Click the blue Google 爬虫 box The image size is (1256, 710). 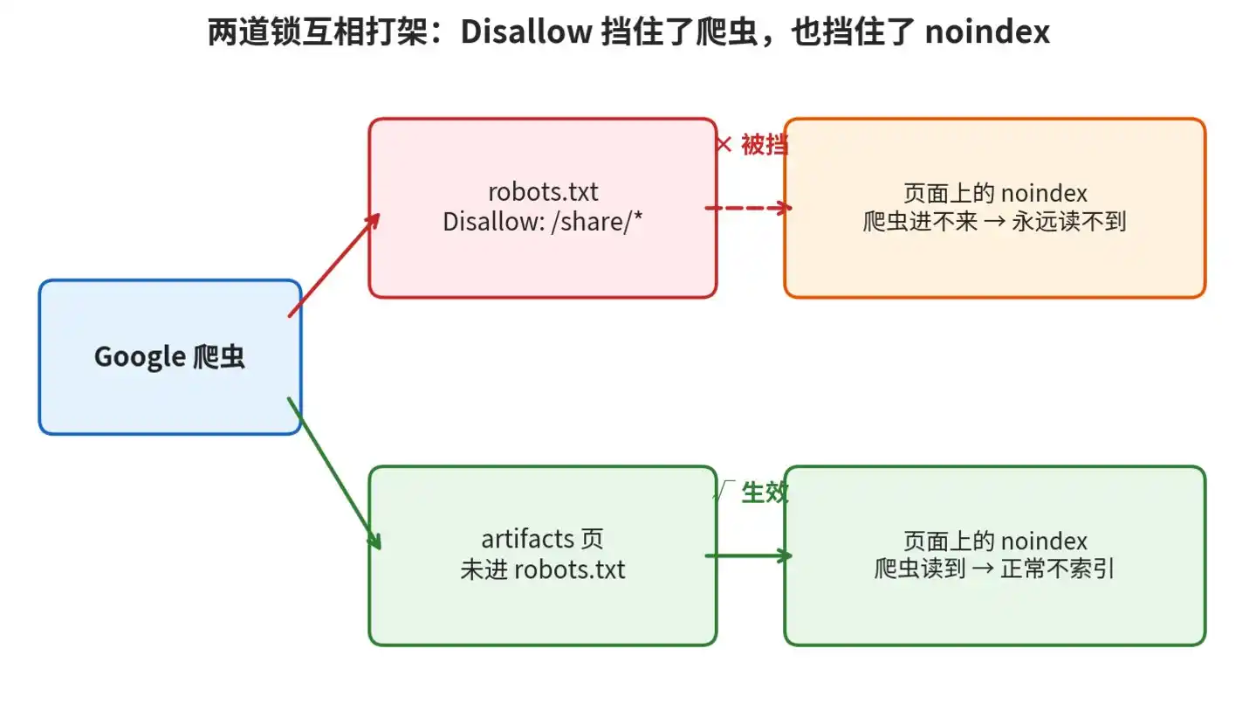click(x=170, y=357)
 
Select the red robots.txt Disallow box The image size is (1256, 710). click(x=543, y=208)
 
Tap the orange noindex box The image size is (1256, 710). click(x=995, y=208)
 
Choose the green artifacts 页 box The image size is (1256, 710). click(x=543, y=555)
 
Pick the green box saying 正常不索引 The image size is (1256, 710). click(x=995, y=555)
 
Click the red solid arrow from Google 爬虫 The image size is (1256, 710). click(x=334, y=265)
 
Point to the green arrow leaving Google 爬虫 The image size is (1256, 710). click(x=334, y=473)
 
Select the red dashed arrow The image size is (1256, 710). click(x=749, y=208)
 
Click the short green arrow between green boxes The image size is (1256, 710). click(x=749, y=555)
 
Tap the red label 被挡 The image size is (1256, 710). click(x=765, y=145)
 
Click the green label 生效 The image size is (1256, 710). click(x=765, y=493)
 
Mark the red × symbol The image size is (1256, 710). click(x=724, y=145)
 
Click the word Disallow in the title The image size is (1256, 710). click(x=526, y=31)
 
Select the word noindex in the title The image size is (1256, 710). click(x=987, y=31)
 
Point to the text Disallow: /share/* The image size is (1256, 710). click(x=542, y=222)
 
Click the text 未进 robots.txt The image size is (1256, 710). click(x=543, y=569)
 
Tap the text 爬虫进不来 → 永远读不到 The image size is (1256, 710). click(x=995, y=222)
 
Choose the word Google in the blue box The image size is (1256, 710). click(x=140, y=357)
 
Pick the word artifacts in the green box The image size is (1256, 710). click(x=528, y=540)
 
